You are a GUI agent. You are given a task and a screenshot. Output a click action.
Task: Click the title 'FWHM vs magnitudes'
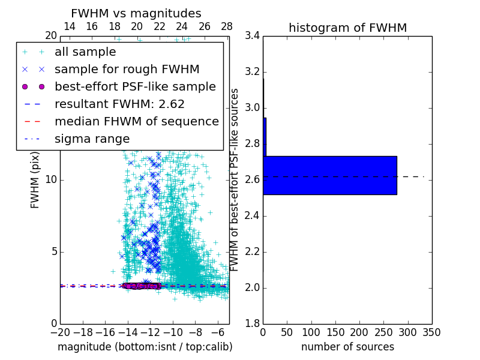pos(136,13)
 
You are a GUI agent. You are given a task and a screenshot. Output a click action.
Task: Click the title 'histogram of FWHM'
pos(347,28)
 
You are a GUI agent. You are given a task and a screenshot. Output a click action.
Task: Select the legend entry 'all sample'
pos(85,52)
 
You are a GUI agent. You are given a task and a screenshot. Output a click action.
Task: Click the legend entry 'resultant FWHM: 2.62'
pos(119,104)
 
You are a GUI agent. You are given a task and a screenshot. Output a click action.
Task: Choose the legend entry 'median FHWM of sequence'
pos(136,122)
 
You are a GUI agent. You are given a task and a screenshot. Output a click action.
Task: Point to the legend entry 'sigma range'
pos(92,139)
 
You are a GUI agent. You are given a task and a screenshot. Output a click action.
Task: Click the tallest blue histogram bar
pos(329,175)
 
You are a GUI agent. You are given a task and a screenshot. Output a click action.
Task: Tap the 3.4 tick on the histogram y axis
pos(251,36)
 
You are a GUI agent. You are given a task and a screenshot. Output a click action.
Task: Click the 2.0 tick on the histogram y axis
pos(251,288)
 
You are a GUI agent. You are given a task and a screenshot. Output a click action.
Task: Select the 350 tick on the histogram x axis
pos(431,332)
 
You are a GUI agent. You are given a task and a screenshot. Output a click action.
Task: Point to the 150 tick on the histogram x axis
pos(335,332)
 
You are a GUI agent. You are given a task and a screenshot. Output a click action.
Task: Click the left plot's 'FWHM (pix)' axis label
pos(35,180)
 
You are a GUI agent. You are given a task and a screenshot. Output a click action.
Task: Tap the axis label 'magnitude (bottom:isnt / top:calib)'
pos(145,347)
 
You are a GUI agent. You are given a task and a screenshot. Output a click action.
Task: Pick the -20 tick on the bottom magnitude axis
pos(60,332)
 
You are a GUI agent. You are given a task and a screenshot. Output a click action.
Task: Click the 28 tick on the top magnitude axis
pos(227,26)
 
